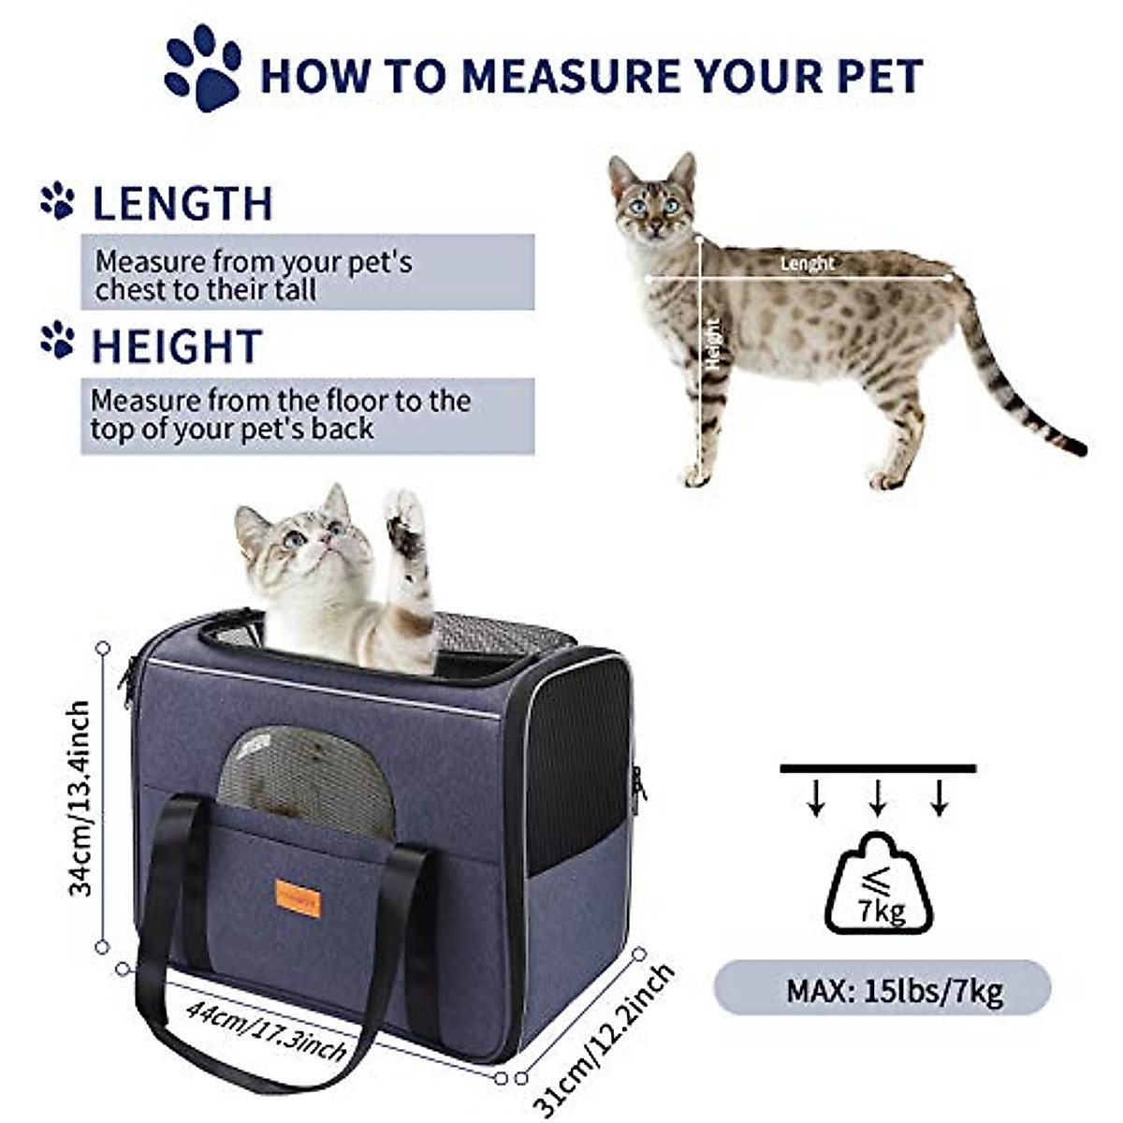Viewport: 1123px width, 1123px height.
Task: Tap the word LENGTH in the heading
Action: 182,204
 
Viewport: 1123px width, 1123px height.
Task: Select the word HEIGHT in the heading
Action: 176,347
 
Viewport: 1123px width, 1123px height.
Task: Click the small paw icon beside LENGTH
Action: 57,200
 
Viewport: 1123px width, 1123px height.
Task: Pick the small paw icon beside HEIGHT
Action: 57,340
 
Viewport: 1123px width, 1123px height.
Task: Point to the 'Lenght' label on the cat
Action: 807,264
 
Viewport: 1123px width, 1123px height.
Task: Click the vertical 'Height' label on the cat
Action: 714,343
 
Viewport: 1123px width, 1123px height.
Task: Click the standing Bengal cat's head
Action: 653,197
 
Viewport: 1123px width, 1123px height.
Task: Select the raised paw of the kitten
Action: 405,524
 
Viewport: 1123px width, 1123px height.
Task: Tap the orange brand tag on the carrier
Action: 298,899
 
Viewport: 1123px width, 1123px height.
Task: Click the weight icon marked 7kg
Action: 878,885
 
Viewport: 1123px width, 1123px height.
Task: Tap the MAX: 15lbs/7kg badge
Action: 882,988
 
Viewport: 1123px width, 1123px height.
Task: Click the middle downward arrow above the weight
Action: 878,796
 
